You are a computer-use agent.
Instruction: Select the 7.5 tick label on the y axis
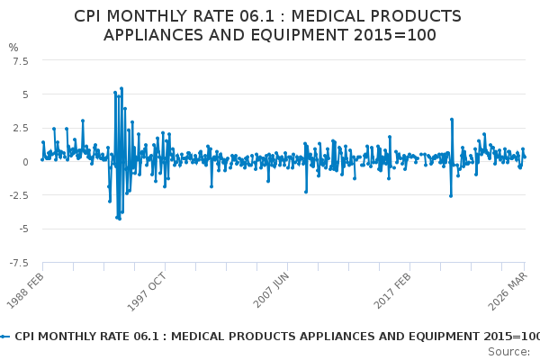tap(19, 60)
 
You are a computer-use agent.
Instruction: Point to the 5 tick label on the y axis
tap(25, 94)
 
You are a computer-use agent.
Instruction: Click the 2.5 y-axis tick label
tap(19, 128)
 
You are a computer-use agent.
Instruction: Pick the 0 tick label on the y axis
tap(25, 162)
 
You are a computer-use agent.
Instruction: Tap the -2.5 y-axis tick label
tap(17, 195)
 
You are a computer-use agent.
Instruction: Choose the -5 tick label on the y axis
tap(22, 229)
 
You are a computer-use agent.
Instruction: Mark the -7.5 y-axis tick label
tap(17, 263)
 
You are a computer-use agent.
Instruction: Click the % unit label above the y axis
tap(13, 47)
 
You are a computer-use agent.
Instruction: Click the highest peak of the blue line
tap(121, 88)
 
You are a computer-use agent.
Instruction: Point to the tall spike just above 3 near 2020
tap(452, 119)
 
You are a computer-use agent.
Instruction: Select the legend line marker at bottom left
tap(5, 336)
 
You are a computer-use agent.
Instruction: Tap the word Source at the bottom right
tap(508, 351)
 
